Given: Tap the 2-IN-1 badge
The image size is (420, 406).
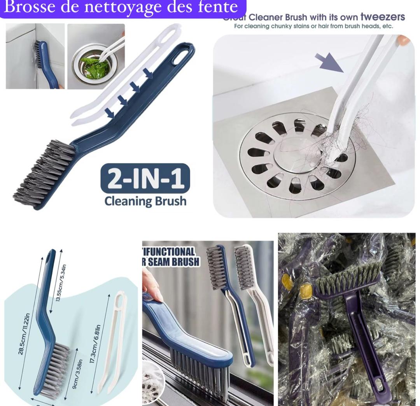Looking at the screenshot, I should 145,178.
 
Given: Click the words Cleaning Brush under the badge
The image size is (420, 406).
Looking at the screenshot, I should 145,201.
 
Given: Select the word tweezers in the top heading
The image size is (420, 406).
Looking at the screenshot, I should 383,17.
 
